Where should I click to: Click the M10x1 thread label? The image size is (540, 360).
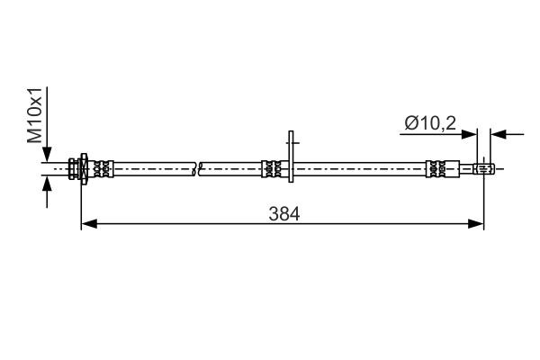pos(34,114)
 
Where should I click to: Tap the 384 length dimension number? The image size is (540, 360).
pos(283,213)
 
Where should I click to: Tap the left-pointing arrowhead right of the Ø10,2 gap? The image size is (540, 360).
pos(498,134)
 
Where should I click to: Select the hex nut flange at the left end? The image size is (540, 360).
pos(82,167)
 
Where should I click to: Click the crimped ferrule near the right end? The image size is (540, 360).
pos(438,167)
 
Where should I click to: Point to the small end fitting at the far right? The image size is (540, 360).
pos(484,167)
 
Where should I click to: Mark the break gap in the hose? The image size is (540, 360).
pos(198,167)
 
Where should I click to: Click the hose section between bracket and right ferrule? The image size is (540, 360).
pos(360,167)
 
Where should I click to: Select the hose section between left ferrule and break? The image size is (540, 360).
pos(153,167)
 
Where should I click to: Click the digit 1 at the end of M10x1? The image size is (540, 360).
pos(34,92)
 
